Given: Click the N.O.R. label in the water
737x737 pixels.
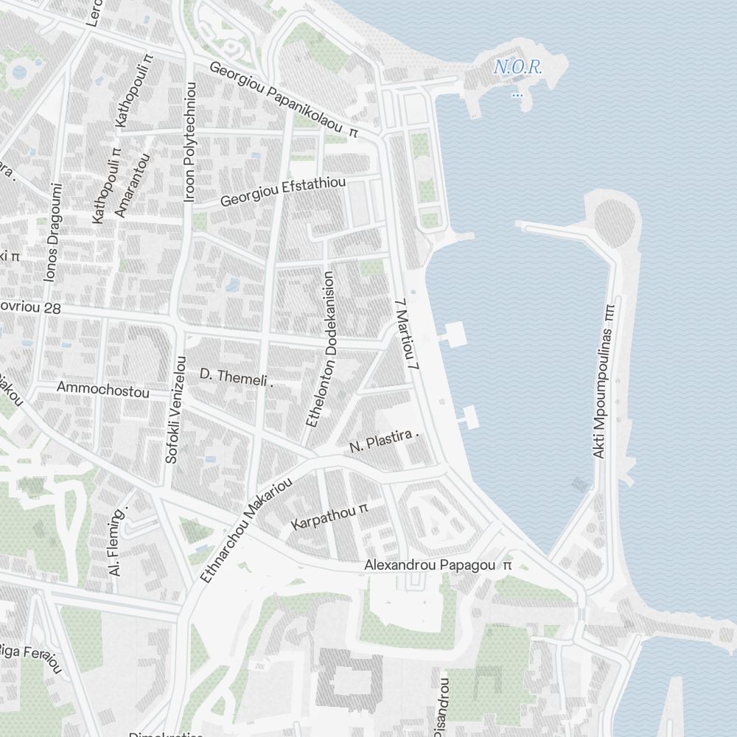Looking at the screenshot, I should [518, 68].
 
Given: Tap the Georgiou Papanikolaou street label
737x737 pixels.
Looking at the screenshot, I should [283, 99].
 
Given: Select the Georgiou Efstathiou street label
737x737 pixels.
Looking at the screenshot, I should [283, 190].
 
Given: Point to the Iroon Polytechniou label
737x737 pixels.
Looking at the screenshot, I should [190, 142].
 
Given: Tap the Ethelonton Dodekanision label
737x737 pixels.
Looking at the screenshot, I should [321, 349].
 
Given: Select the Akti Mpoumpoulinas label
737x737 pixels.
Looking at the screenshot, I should [604, 381].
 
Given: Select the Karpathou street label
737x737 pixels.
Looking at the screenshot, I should [329, 518].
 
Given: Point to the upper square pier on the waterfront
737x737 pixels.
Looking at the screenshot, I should [453, 333].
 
